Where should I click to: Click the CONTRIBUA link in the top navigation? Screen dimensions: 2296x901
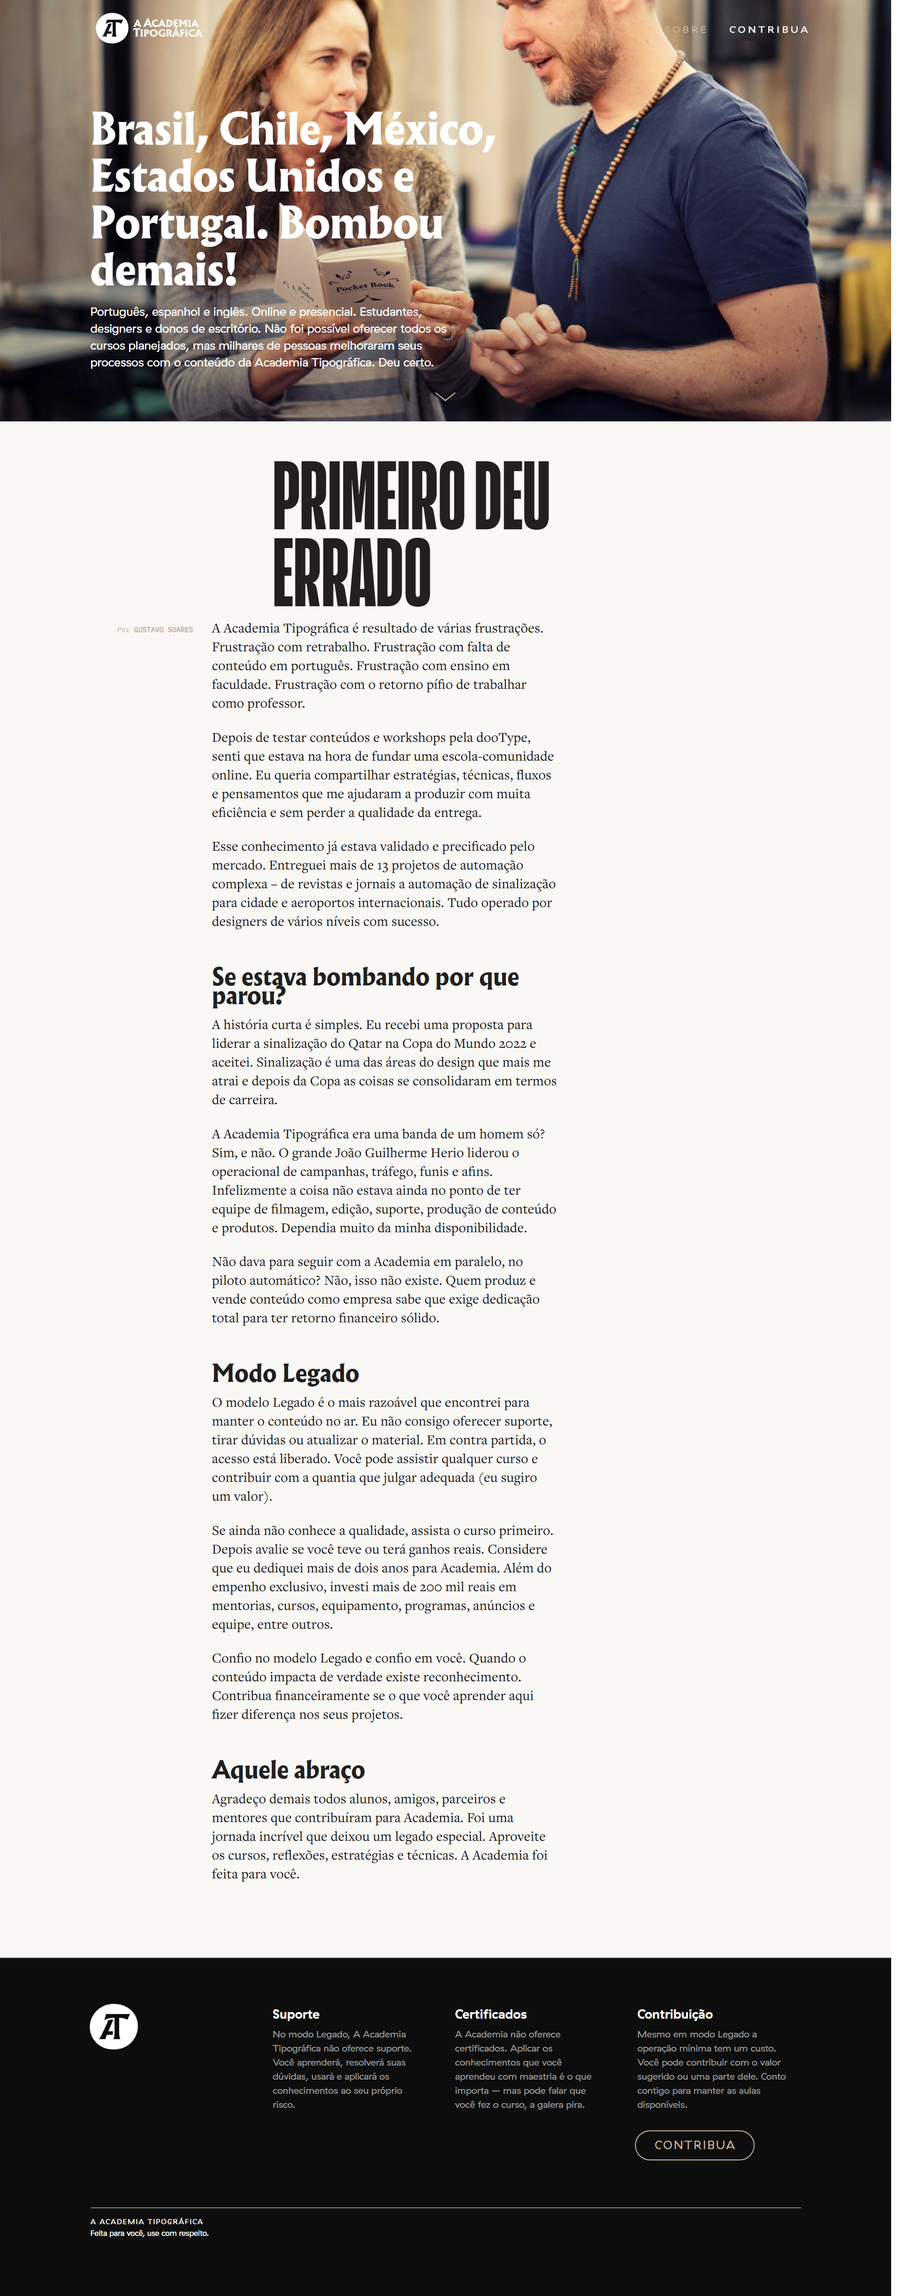[768, 30]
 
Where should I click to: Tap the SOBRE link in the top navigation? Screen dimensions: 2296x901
[685, 30]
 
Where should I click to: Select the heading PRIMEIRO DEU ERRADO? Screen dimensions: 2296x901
[410, 533]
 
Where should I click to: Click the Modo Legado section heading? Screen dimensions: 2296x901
[285, 1373]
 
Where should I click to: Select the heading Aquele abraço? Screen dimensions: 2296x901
[288, 1769]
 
